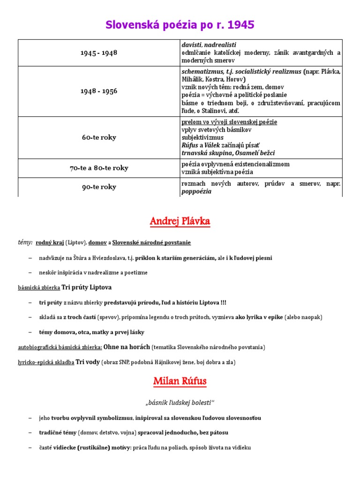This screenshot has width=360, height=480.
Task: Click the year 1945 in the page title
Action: [x=237, y=25]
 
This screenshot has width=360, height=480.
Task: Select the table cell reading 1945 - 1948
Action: [x=98, y=52]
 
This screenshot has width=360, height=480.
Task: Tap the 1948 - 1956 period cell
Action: [x=98, y=91]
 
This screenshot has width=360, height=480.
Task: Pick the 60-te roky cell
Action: [x=98, y=137]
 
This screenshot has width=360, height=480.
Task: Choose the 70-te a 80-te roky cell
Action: [x=98, y=168]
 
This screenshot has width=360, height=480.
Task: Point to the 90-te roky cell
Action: [x=98, y=187]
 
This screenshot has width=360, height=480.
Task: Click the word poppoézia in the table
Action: [x=196, y=191]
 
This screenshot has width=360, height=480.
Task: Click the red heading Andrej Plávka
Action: [x=180, y=221]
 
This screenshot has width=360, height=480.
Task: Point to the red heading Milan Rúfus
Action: [x=180, y=381]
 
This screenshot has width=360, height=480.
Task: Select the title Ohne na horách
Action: [x=127, y=347]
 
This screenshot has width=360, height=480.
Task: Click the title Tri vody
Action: [x=88, y=362]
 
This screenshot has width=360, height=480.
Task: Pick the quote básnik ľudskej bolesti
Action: [x=180, y=403]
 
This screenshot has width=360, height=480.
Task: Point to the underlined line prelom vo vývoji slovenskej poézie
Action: [x=229, y=122]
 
